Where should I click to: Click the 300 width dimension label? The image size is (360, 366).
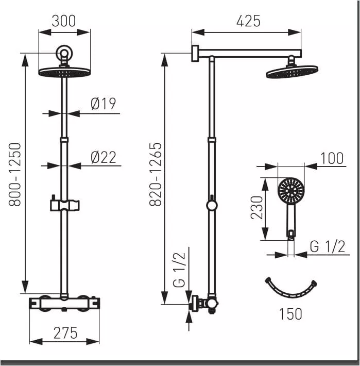coord(64,21)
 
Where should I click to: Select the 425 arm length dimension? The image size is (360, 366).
coord(248,21)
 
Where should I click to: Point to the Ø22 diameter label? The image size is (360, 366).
coord(103,157)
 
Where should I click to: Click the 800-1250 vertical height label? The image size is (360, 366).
coord(15,175)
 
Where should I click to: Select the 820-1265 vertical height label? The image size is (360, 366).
coord(156,174)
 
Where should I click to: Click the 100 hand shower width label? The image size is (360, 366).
coord(332,158)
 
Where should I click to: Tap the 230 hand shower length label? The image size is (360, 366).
coord(258,207)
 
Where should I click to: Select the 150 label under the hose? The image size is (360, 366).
coord(290,313)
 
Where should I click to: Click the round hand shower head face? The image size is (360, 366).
coord(290,191)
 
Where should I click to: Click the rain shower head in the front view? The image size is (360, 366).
coord(64,72)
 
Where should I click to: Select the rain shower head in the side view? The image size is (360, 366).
coord(292,72)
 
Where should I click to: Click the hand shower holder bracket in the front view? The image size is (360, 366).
coord(64,204)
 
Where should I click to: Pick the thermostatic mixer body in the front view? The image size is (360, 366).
coord(64,303)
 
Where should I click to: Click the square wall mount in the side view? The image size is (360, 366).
coord(195,53)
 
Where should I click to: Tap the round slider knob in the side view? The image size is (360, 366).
coord(212,205)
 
